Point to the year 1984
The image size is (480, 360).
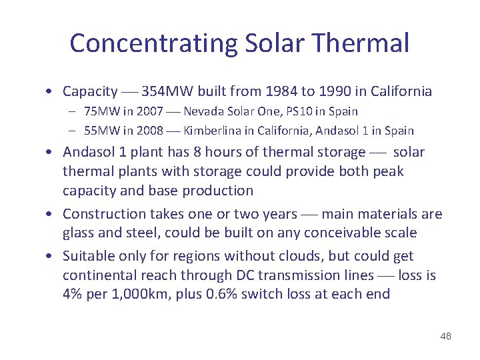click(281, 91)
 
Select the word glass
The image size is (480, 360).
click(79, 233)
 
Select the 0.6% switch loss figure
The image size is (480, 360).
click(224, 294)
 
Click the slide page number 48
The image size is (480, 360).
click(445, 336)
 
